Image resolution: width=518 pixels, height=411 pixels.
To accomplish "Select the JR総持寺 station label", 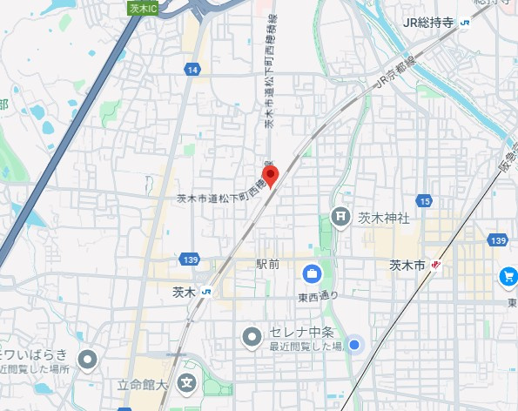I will [x=430, y=24].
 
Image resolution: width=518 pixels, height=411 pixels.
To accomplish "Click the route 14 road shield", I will [x=192, y=69].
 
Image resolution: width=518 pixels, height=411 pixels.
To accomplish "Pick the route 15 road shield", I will [x=424, y=202].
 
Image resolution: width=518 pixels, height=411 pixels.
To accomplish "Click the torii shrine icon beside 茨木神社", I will [x=341, y=217].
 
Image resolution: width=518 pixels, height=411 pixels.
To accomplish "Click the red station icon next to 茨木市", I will [x=436, y=265].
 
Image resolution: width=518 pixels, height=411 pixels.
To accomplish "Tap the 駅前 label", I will [x=267, y=264].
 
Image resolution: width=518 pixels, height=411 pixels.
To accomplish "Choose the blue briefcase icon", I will [x=311, y=275].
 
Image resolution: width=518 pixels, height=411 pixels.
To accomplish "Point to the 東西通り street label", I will [x=318, y=296].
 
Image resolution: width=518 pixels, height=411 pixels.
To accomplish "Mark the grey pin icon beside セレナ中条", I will [x=252, y=335].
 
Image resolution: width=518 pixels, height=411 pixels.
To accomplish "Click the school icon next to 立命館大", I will [x=186, y=382].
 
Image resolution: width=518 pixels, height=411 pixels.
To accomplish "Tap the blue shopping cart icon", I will [x=508, y=277].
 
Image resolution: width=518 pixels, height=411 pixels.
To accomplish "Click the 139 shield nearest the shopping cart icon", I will [x=498, y=239].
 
